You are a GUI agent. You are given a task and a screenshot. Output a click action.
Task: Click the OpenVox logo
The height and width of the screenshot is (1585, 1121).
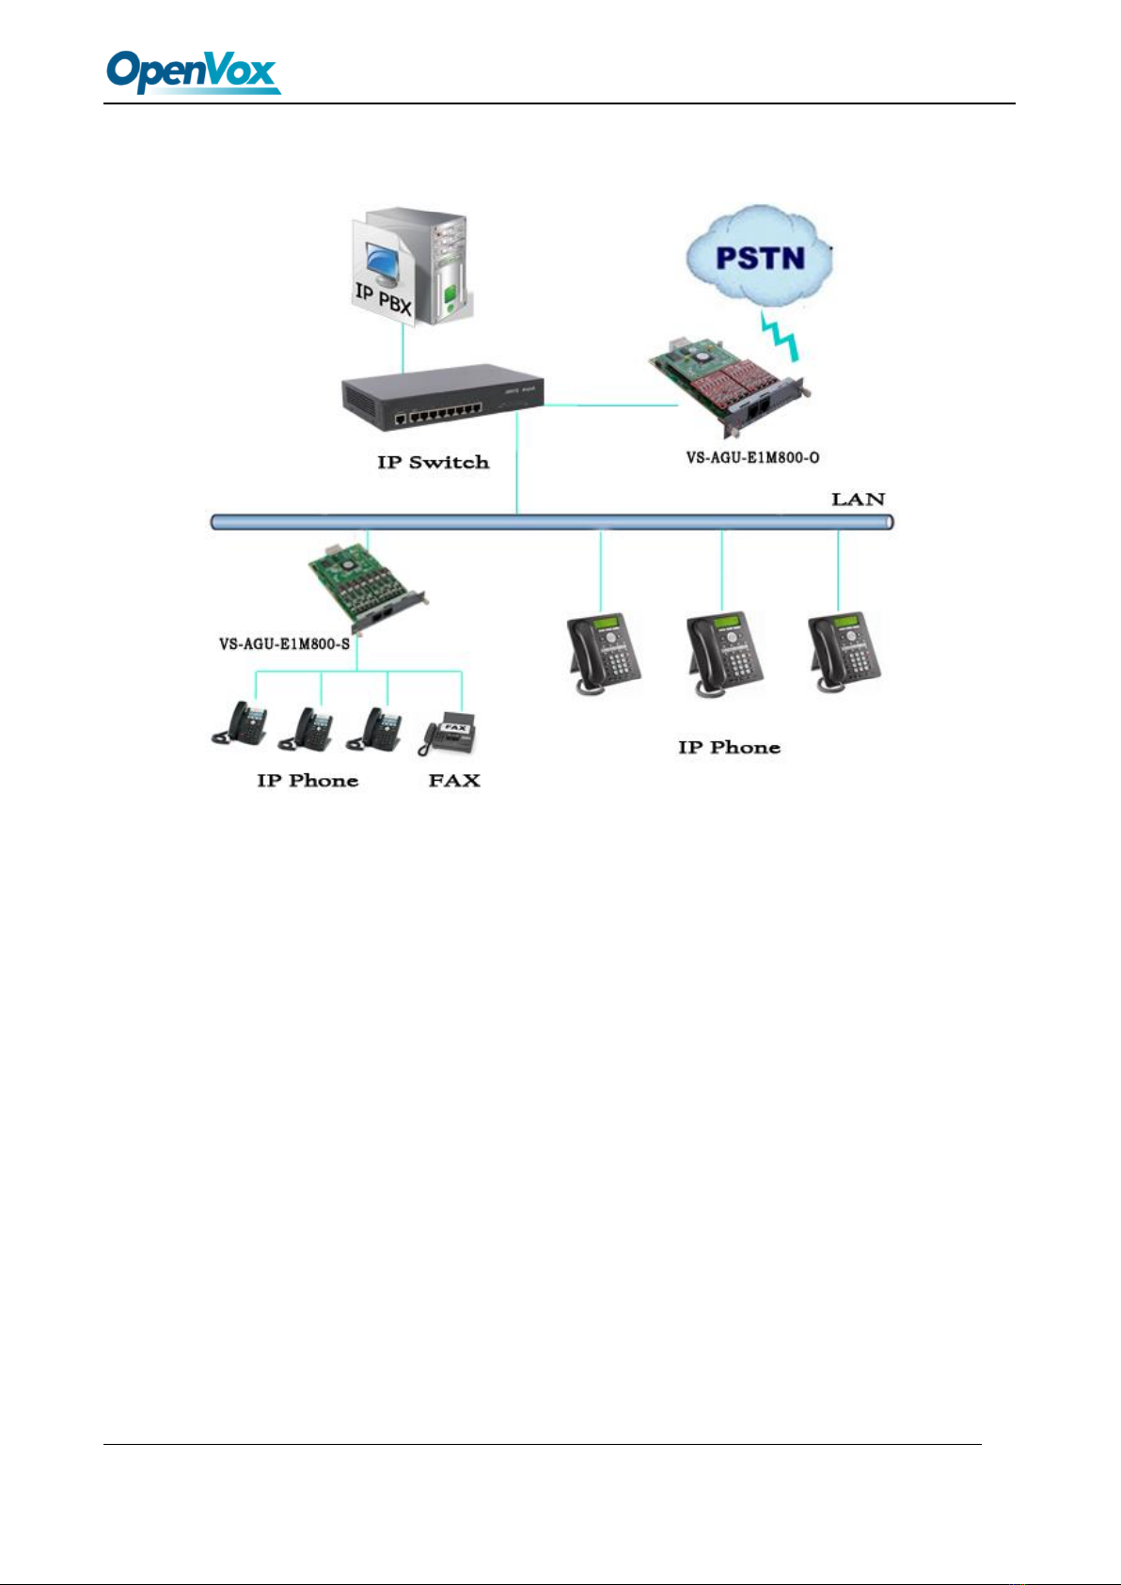click(x=193, y=71)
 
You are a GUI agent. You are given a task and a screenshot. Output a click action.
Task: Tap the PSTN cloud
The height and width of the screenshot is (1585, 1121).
click(x=759, y=256)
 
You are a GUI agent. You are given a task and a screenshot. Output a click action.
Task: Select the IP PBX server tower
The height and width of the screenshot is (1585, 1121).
click(x=412, y=267)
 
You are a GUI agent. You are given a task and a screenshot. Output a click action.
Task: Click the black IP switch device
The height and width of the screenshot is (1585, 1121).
click(x=442, y=397)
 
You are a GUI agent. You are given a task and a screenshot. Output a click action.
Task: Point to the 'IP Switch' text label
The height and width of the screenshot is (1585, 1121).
click(x=433, y=462)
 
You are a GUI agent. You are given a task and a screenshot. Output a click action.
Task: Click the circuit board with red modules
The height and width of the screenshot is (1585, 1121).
click(x=730, y=387)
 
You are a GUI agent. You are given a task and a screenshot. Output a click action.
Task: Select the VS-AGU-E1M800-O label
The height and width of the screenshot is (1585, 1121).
click(x=752, y=457)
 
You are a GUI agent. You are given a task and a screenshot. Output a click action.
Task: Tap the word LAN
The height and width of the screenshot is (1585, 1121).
click(x=858, y=499)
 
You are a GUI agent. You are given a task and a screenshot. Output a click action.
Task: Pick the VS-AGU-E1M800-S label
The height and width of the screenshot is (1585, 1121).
click(x=284, y=644)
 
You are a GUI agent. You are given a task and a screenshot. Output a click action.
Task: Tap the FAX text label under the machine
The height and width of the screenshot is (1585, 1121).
click(x=454, y=781)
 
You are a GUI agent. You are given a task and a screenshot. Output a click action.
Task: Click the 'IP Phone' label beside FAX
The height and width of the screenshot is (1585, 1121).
click(x=308, y=781)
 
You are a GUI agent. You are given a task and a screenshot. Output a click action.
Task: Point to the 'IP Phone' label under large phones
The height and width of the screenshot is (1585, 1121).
click(x=729, y=747)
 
